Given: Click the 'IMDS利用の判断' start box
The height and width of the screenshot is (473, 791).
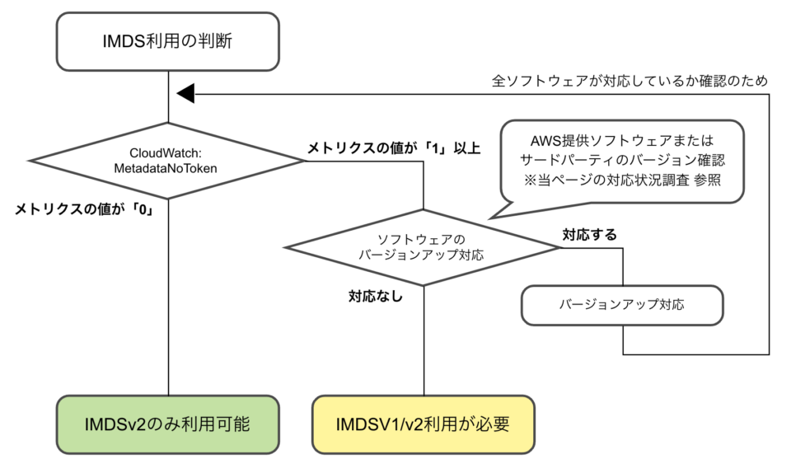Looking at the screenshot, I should click(x=168, y=40).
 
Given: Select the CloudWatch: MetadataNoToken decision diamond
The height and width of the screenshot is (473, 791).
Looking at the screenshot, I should click(x=168, y=161).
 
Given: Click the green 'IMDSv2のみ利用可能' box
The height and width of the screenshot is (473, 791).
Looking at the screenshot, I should click(x=168, y=424).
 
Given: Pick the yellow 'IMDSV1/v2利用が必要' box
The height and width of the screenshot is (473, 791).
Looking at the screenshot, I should click(x=424, y=424).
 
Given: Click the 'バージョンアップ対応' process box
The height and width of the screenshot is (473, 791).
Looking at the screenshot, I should click(x=622, y=305).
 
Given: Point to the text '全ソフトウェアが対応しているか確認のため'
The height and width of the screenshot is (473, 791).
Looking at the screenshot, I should click(x=630, y=81).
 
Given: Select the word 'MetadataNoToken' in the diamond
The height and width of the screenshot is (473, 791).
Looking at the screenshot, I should click(x=168, y=168).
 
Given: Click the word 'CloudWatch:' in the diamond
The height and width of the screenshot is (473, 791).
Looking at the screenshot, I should click(x=168, y=153).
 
